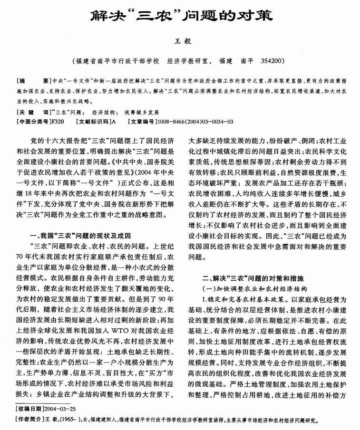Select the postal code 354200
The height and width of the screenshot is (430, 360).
click(x=273, y=61)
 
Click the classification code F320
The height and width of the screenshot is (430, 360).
click(x=56, y=122)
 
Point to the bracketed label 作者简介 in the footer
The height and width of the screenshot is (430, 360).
click(x=30, y=420)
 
